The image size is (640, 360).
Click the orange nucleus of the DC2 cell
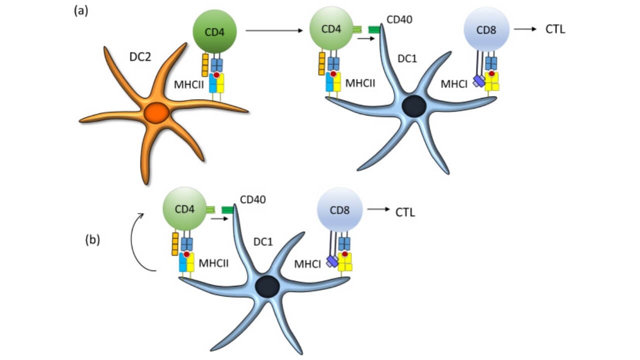click(x=157, y=114)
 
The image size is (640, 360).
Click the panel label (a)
click(x=80, y=11)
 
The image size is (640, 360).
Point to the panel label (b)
click(x=92, y=240)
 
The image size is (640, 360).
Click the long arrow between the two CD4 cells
click(x=275, y=31)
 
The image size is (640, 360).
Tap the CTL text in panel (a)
click(x=555, y=29)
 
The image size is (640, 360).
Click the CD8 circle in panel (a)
click(x=486, y=29)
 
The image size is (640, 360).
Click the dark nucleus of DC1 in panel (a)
click(x=414, y=107)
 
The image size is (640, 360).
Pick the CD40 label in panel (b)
click(x=253, y=200)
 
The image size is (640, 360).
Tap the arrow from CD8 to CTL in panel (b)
click(x=378, y=210)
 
